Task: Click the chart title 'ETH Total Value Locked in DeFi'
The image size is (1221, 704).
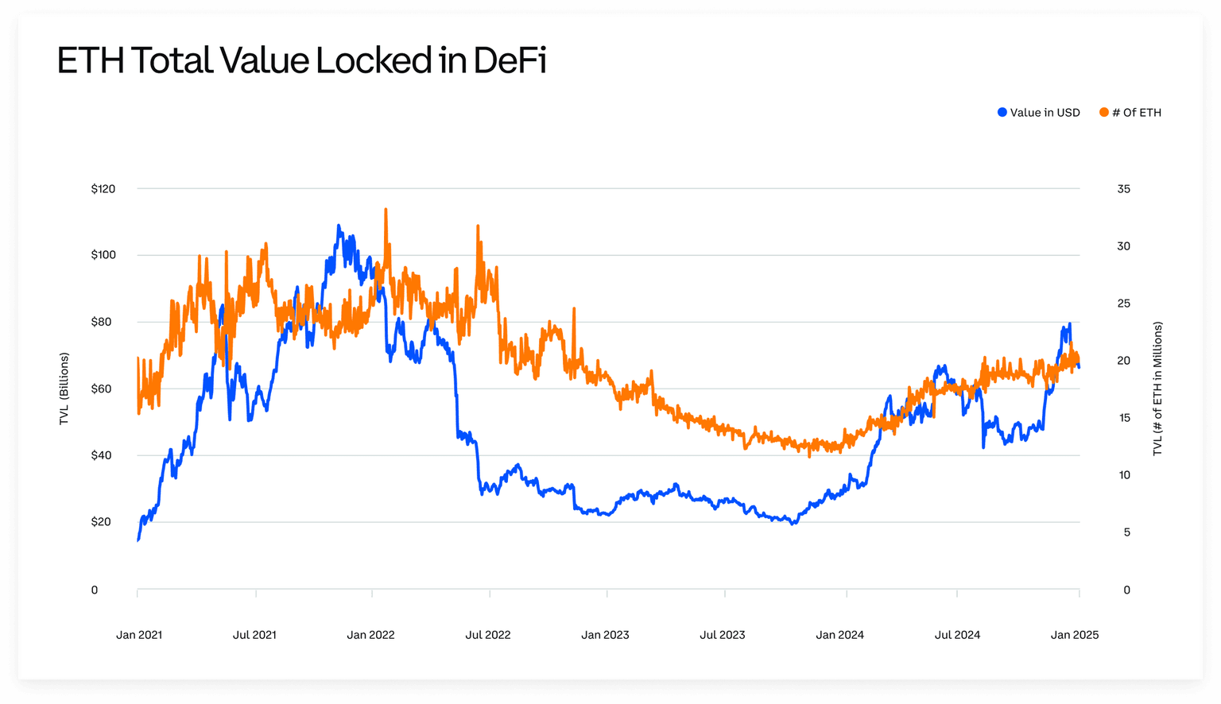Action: click(301, 60)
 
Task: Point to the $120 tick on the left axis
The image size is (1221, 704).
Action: click(103, 189)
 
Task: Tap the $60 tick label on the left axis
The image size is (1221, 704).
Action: click(101, 389)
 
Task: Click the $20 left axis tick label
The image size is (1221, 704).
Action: click(101, 522)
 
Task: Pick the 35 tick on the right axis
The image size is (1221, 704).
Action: click(1123, 189)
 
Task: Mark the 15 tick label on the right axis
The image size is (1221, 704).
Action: click(1124, 418)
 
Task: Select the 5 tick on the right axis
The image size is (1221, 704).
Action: click(1126, 532)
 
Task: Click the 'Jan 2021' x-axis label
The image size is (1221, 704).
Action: click(139, 635)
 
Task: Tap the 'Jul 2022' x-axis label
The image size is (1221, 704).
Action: click(488, 635)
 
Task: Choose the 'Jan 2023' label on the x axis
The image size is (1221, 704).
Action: click(605, 635)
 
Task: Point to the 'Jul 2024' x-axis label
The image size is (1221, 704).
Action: click(957, 635)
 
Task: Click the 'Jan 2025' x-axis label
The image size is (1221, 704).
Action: click(1075, 635)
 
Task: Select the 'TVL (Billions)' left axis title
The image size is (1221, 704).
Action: click(64, 389)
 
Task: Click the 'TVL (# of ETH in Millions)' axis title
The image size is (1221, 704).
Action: click(1157, 389)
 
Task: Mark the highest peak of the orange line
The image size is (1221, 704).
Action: click(386, 210)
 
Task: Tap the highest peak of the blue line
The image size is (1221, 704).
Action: click(339, 226)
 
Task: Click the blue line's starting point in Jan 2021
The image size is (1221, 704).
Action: click(138, 540)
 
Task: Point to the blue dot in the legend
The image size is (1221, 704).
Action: click(1002, 113)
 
